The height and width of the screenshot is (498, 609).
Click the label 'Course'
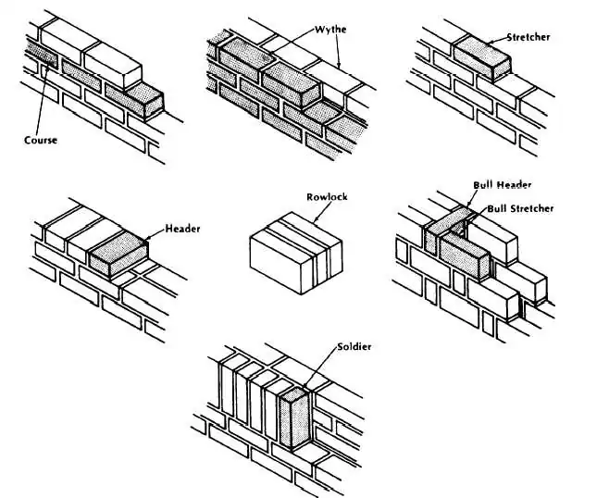click(x=41, y=141)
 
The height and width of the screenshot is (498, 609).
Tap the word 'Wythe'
click(x=330, y=30)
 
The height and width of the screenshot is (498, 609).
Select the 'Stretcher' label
click(x=528, y=38)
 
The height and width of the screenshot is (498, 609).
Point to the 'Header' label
click(x=183, y=229)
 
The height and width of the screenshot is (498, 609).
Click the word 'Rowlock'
click(x=327, y=197)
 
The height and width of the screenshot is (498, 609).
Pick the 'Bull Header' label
click(x=503, y=185)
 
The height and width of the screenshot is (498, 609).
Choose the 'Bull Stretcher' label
click(x=520, y=208)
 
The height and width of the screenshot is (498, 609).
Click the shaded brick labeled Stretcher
click(x=480, y=58)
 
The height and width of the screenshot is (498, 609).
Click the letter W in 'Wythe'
click(x=317, y=30)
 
